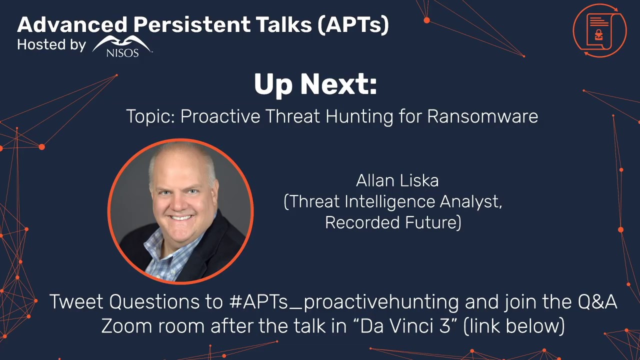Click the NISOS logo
point(122,46)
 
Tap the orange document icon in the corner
point(599,30)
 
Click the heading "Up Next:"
point(315,84)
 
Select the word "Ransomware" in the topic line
point(482,116)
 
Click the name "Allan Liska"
point(397,180)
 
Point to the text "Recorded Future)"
point(393,222)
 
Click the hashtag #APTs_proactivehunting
point(343,302)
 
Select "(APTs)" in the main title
point(353,24)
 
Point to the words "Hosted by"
point(51,45)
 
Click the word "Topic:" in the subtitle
point(150,116)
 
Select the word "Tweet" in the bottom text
point(76,302)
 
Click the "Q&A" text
point(597,302)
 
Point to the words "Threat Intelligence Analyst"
point(393,201)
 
